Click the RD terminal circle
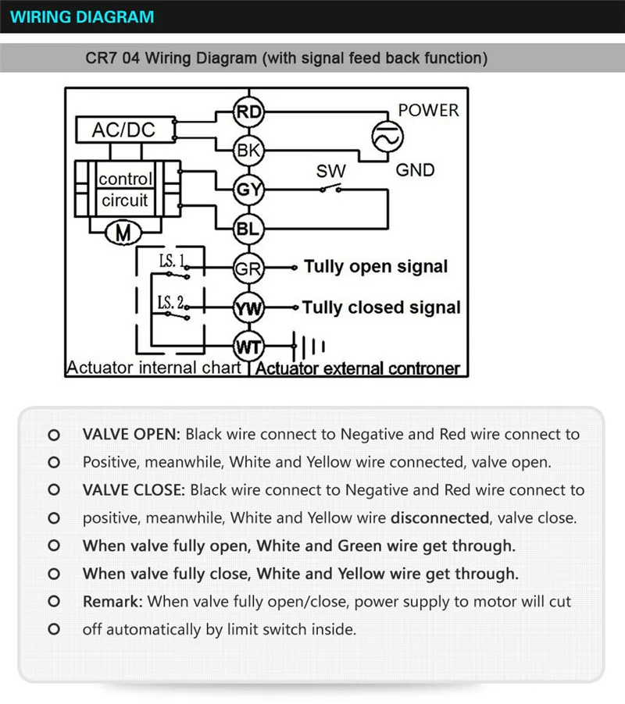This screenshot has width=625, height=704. click(x=249, y=112)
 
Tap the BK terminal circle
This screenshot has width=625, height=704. click(x=249, y=150)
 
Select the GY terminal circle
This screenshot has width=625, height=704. click(x=249, y=189)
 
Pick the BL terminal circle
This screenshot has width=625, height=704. click(x=249, y=229)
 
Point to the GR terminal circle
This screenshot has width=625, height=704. click(x=249, y=268)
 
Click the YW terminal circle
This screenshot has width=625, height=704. click(x=249, y=308)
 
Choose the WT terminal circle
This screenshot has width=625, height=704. click(x=249, y=346)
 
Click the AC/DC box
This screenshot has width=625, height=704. click(x=123, y=130)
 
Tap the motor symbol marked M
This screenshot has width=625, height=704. click(x=123, y=232)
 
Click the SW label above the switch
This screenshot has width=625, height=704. click(x=330, y=171)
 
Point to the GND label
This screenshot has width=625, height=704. click(x=415, y=169)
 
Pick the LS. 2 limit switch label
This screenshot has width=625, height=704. click(x=171, y=301)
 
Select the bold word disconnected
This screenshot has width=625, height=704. click(x=440, y=517)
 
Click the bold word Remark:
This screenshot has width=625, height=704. click(x=112, y=602)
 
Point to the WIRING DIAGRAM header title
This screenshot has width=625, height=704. click(x=83, y=16)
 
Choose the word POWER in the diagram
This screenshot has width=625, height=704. click(x=428, y=110)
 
